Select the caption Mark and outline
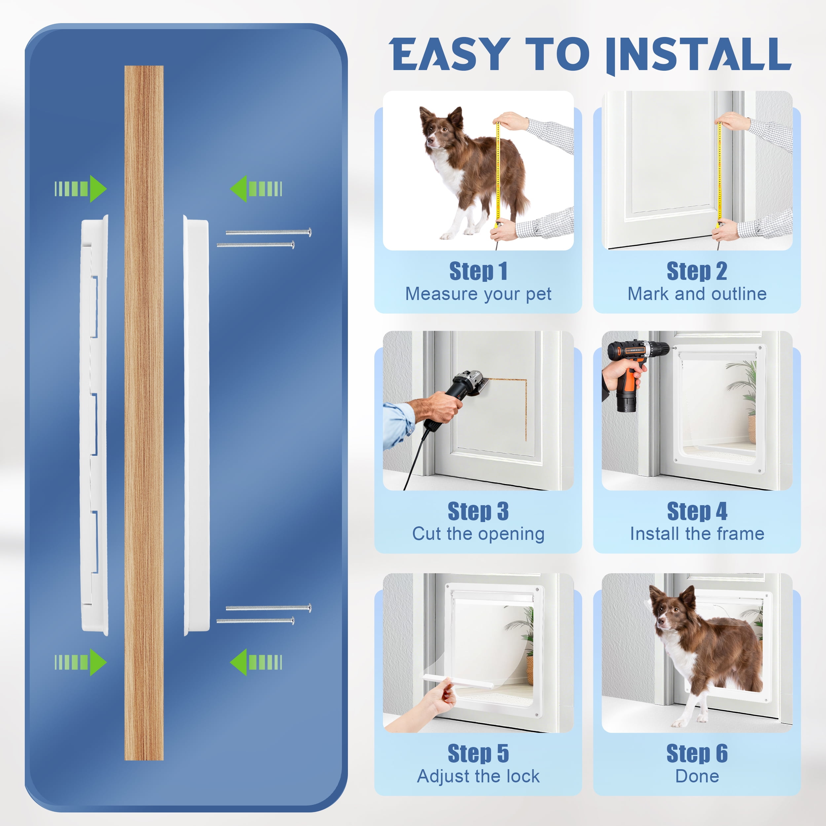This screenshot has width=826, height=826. click(697, 294)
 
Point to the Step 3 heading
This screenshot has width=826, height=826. click(478, 511)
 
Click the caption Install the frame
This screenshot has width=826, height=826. click(697, 534)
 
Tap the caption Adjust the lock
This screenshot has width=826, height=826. click(478, 776)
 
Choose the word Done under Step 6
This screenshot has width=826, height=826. click(697, 776)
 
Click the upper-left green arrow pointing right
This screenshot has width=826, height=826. click(80, 189)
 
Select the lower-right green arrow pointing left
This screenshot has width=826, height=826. click(256, 662)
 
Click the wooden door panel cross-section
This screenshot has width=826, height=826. click(144, 413)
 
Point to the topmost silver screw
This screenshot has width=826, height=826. click(269, 233)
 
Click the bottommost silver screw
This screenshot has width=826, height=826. click(255, 621)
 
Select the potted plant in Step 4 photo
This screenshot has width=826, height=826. click(744, 402)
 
